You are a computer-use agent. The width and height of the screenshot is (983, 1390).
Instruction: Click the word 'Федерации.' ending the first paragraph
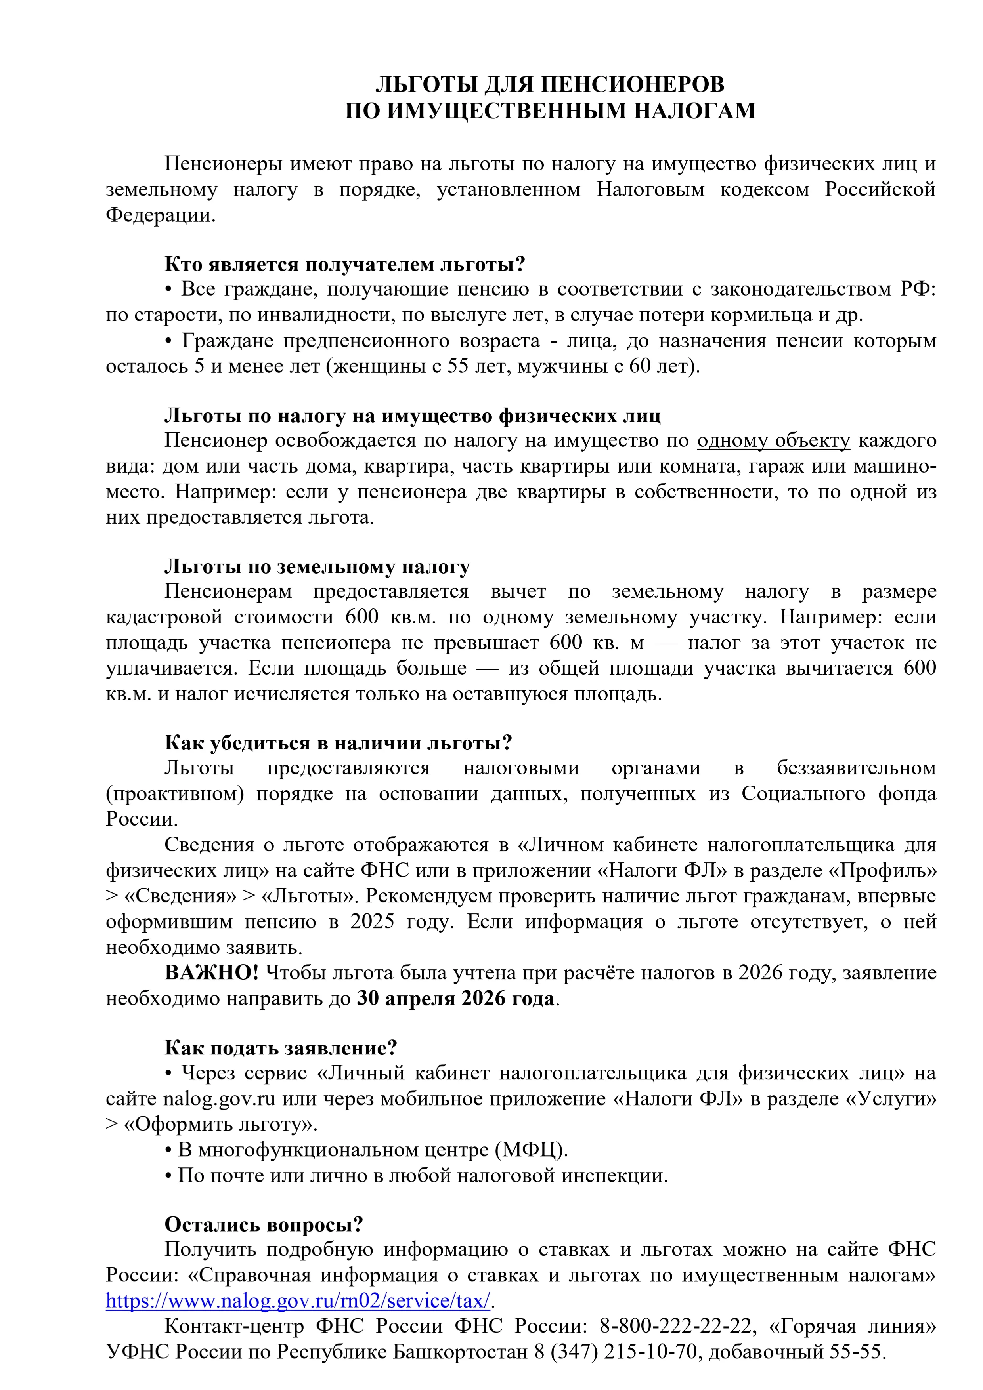(x=161, y=215)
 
